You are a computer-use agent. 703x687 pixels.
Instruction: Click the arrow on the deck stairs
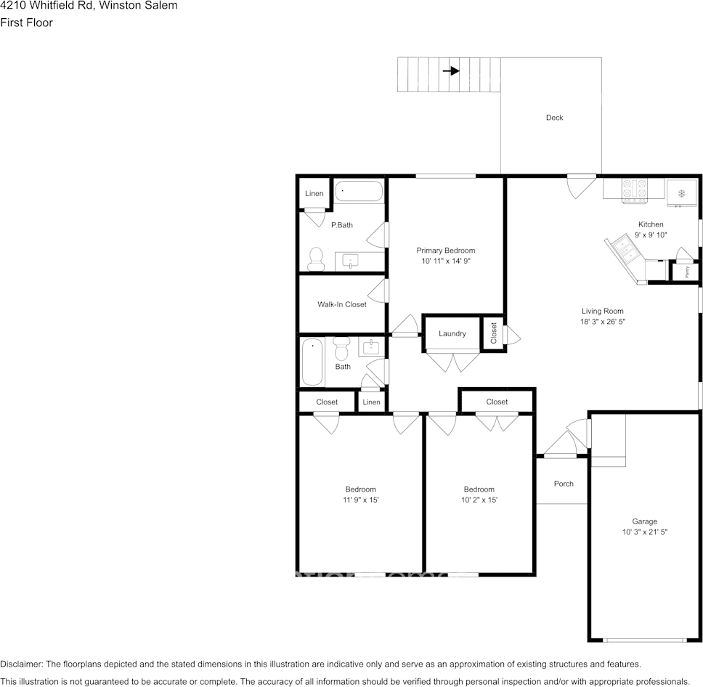click(x=451, y=71)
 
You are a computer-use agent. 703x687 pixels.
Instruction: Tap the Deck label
click(x=554, y=118)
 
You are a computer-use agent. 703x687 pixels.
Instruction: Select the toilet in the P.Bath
click(x=316, y=257)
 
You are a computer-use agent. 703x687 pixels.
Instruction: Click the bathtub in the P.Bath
click(x=358, y=193)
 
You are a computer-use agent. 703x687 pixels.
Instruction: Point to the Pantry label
click(x=687, y=272)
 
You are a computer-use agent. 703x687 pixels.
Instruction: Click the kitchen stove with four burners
click(x=634, y=189)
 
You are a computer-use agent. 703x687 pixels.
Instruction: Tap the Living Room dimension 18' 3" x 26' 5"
click(x=602, y=321)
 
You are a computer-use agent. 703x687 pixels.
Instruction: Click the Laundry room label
click(x=452, y=334)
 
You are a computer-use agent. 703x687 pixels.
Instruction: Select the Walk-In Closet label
click(x=341, y=304)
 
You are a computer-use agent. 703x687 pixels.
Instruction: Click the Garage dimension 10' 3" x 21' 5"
click(x=644, y=532)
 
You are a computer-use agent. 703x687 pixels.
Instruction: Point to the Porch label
click(x=564, y=484)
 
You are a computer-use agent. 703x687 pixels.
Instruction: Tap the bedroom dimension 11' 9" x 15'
click(x=360, y=500)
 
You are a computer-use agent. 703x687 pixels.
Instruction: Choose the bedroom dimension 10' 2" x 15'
click(x=479, y=500)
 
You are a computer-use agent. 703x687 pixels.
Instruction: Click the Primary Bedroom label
click(x=445, y=251)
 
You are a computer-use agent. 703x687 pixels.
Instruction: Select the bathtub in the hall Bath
click(x=313, y=362)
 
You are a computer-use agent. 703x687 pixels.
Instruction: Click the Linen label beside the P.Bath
click(x=314, y=193)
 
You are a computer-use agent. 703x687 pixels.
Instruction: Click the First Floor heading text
click(x=26, y=23)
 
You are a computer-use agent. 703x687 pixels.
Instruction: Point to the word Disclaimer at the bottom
click(x=21, y=664)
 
